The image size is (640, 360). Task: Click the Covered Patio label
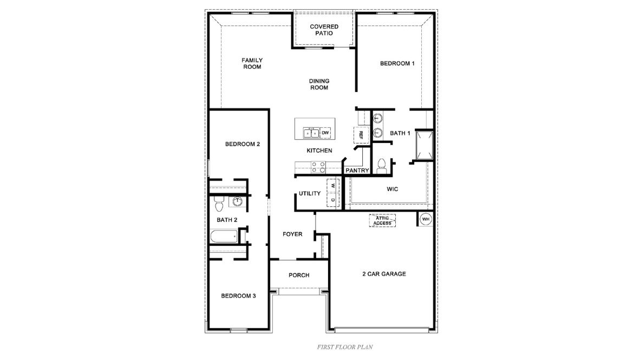324,30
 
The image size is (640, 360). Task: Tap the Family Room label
252,63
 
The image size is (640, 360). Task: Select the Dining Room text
319,84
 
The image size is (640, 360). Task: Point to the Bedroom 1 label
397,63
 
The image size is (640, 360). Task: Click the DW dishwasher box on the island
325,133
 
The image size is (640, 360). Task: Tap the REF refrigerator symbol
361,134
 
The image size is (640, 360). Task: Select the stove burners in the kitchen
318,167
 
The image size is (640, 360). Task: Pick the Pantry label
357,171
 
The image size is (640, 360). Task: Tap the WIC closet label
393,189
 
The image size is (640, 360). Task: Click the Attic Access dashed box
383,220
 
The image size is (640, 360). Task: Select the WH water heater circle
425,219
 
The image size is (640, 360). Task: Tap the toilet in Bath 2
219,205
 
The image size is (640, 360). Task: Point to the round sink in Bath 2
237,202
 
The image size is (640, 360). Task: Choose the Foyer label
292,234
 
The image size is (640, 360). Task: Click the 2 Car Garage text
384,274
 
